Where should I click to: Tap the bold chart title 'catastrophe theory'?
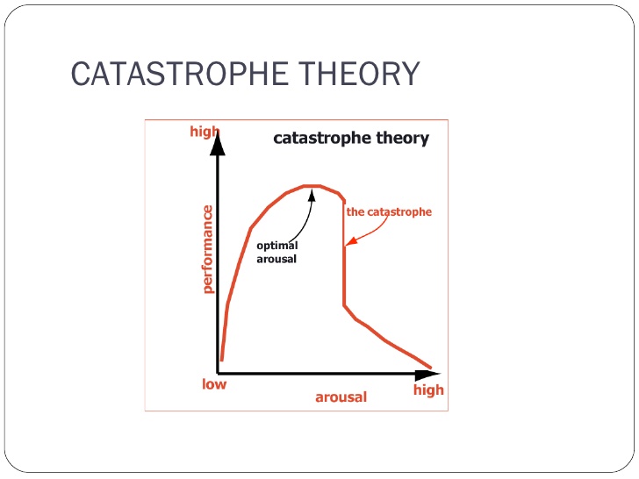click(x=351, y=138)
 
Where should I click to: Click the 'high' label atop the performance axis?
click(x=204, y=132)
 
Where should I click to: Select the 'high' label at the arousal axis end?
click(x=428, y=390)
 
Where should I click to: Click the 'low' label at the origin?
click(x=214, y=384)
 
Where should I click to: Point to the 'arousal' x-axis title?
click(x=341, y=397)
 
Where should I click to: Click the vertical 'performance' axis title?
click(x=208, y=249)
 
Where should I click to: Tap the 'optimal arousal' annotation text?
click(x=276, y=252)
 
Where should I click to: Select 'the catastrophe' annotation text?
click(x=389, y=211)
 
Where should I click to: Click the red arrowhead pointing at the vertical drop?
click(x=348, y=241)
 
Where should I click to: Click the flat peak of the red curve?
click(x=312, y=186)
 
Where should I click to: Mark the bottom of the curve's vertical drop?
click(x=344, y=305)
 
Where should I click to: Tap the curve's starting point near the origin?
click(x=222, y=359)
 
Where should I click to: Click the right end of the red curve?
click(x=430, y=367)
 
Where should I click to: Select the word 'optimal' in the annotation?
click(x=276, y=246)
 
